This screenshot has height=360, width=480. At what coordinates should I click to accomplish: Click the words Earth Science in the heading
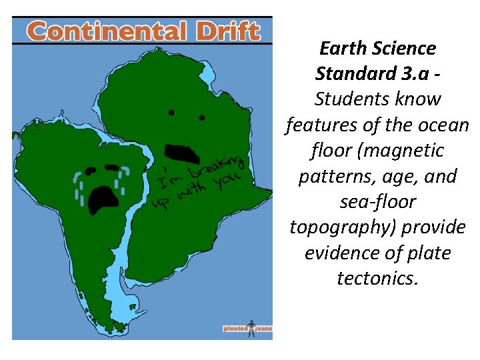(377, 48)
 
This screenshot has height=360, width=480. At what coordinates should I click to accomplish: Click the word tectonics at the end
(377, 278)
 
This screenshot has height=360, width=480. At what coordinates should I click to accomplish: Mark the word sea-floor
(377, 202)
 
